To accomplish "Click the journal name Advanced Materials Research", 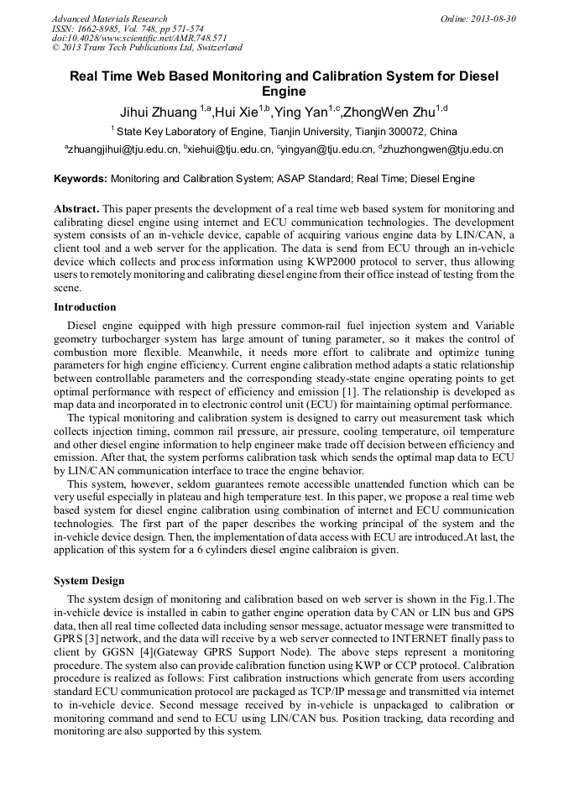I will click(x=109, y=18).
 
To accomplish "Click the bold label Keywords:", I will click(x=81, y=179).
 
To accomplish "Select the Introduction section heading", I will click(x=85, y=307).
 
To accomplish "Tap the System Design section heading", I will click(x=89, y=581).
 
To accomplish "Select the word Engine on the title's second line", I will click(x=284, y=91).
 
